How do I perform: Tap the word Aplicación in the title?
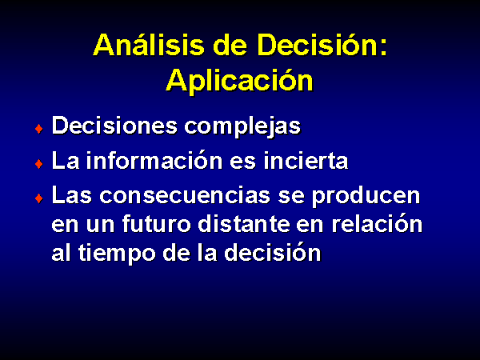240,80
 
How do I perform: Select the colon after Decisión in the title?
384,48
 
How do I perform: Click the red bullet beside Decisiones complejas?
39,129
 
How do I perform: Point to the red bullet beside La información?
39,164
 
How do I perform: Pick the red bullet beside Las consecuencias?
39,198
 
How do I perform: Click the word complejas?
242,126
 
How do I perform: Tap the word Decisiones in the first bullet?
114,126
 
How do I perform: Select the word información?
154,160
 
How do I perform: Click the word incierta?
306,161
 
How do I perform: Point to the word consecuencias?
185,195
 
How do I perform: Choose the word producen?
366,196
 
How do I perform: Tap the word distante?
244,223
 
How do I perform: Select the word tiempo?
117,253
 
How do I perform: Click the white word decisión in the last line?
273,252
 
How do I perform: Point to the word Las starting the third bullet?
72,195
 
